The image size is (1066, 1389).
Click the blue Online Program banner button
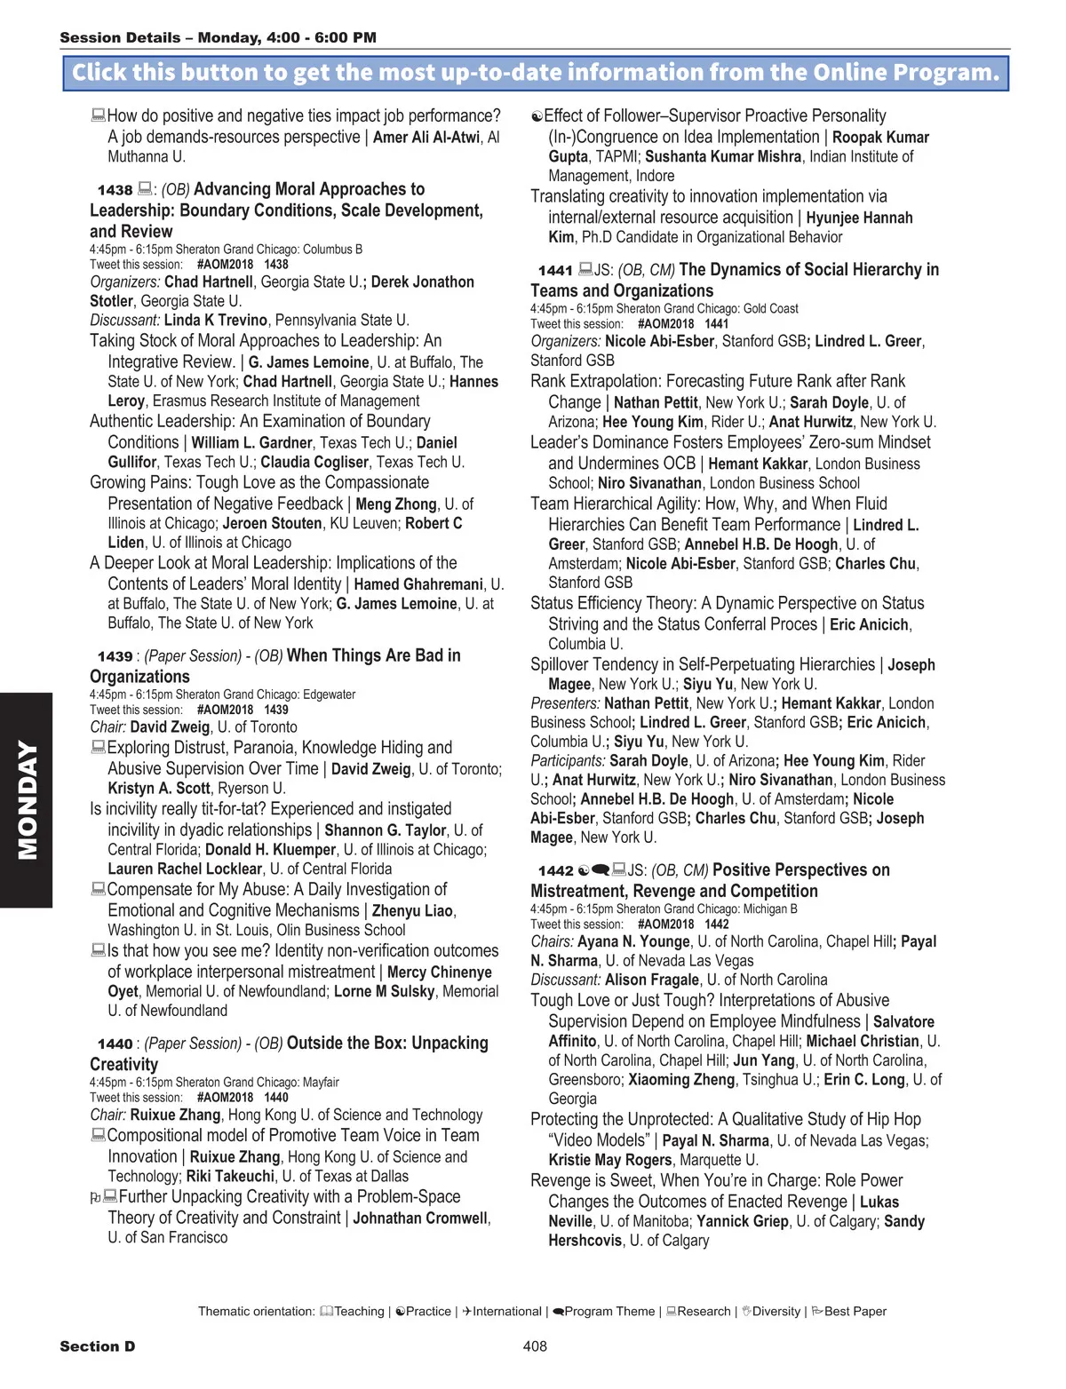point(536,73)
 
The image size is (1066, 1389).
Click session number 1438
point(115,190)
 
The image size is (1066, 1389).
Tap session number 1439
point(115,656)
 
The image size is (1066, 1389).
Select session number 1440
point(115,1044)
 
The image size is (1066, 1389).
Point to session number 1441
point(555,271)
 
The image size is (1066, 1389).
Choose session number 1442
point(555,871)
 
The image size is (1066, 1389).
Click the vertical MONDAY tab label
point(27,800)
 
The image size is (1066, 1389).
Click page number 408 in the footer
point(535,1346)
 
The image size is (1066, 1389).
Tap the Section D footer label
point(97,1346)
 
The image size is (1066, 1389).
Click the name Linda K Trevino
point(216,321)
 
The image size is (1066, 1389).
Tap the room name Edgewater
point(329,694)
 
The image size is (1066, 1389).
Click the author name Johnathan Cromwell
point(420,1218)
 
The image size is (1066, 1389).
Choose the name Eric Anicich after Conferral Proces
point(869,625)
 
